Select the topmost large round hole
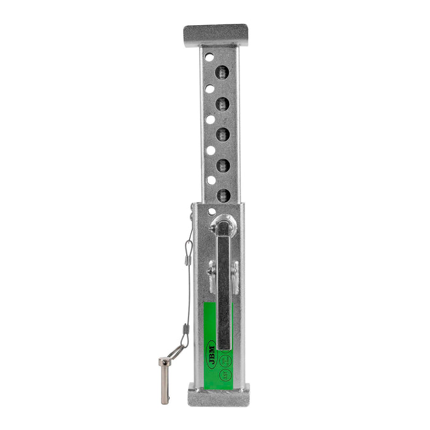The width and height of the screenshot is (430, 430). (222, 72)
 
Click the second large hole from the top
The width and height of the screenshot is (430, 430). (222, 103)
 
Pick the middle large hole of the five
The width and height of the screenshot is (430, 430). (222, 135)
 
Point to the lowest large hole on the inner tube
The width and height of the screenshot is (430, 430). (223, 195)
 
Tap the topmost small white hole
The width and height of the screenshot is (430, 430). (209, 57)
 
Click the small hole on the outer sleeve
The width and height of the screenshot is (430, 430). (212, 211)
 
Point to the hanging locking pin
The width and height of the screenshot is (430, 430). (165, 380)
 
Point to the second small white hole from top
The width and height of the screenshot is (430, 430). (209, 88)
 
